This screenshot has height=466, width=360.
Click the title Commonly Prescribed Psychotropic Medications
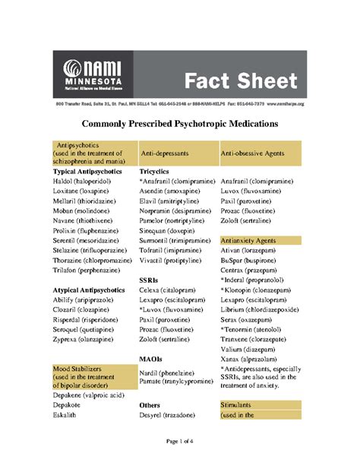point(180,122)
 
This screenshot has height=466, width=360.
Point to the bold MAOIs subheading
point(153,358)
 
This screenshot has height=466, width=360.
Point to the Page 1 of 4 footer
point(179,441)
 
